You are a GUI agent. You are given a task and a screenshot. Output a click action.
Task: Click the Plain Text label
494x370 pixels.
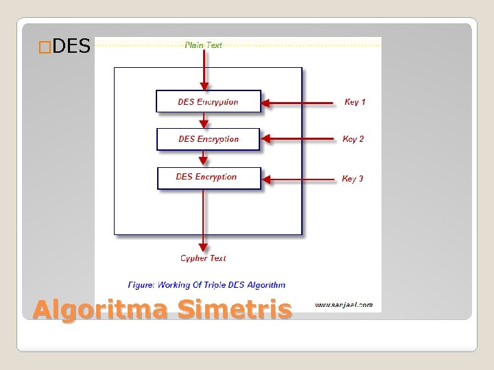[203, 45]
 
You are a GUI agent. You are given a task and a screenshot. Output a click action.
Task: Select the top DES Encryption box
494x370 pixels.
[209, 101]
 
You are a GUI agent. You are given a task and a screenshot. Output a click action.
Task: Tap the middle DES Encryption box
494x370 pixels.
[209, 139]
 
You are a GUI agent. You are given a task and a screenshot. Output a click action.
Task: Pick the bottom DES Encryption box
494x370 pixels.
[209, 177]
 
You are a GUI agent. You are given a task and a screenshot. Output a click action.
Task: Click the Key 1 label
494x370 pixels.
[355, 102]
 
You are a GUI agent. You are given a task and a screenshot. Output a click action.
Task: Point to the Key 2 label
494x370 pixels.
[353, 139]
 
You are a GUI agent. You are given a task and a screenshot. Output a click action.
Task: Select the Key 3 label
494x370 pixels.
[353, 179]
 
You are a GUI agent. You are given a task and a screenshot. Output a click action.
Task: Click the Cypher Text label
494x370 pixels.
[203, 258]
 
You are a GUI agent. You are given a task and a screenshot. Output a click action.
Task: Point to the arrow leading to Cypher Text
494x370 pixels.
[204, 219]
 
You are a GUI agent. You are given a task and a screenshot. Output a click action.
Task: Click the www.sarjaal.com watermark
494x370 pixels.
[344, 305]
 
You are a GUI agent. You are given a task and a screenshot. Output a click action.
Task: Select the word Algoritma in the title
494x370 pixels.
[100, 310]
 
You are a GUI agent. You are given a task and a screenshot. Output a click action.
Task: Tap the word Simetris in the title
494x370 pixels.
[234, 310]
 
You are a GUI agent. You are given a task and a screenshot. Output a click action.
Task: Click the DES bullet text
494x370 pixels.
[71, 47]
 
